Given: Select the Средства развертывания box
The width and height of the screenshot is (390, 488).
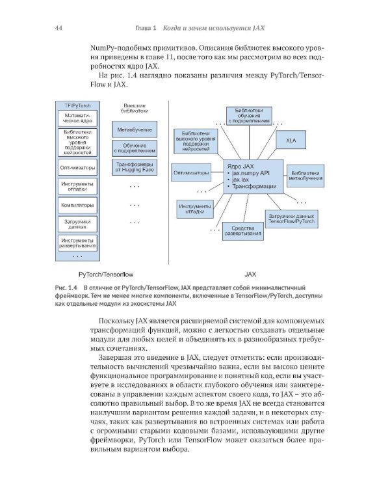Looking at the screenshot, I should [242, 230].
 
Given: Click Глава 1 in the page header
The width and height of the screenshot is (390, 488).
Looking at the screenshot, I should [147, 29].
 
